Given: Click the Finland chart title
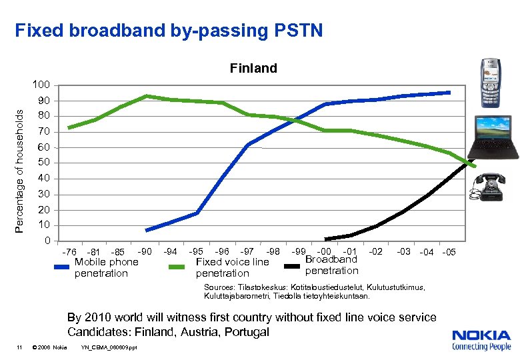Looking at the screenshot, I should [253, 68].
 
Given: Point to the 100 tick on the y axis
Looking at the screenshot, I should [41, 85].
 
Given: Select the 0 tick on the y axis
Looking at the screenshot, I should [47, 241].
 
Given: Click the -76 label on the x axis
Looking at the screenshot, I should [69, 252].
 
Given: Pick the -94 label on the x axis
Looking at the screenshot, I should [170, 251].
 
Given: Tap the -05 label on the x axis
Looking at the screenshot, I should [449, 252].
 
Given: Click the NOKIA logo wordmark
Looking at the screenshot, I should [481, 336].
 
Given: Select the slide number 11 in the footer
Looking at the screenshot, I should [20, 347].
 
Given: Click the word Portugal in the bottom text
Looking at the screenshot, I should [247, 331].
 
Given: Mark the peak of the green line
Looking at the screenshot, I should [146, 96].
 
